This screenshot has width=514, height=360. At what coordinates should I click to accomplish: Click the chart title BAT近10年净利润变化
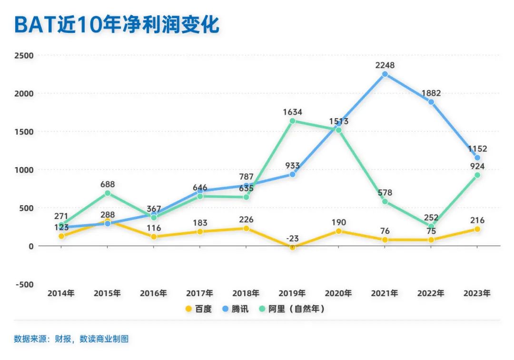117,24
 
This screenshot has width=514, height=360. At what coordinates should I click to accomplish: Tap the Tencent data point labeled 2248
385,74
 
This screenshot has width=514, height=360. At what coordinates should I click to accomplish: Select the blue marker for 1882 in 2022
431,102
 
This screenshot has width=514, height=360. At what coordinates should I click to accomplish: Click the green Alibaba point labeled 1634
292,121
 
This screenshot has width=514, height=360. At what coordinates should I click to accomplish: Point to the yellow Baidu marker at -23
292,247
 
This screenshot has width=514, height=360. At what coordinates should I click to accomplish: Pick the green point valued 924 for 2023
477,175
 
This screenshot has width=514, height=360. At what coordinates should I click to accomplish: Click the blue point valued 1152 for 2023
477,158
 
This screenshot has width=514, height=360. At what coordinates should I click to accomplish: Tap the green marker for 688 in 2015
108,193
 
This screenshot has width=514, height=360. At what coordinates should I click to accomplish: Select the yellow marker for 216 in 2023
477,229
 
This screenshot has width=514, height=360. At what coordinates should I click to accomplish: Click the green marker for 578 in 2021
385,201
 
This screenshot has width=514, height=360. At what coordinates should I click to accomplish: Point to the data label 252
431,217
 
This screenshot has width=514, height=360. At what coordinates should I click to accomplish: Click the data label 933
292,166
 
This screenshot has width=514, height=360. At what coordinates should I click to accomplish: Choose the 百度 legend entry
198,309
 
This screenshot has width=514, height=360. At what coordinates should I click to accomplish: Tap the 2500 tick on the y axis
24,55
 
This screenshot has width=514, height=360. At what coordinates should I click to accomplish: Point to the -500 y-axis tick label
24,284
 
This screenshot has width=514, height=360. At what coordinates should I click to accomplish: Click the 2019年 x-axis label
292,293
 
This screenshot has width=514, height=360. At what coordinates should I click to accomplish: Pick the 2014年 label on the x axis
61,293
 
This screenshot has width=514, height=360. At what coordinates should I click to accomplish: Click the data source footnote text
71,339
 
